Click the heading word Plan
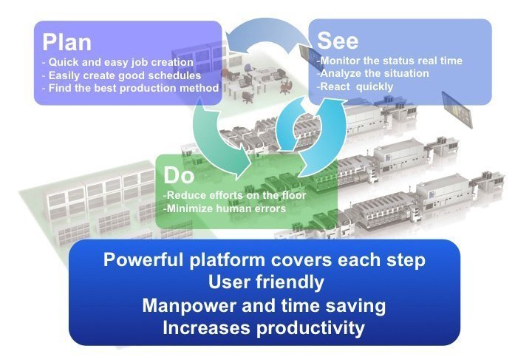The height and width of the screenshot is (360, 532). pyautogui.click(x=66, y=42)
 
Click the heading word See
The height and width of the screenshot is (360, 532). pyautogui.click(x=338, y=41)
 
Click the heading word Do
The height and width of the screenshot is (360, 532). pyautogui.click(x=179, y=175)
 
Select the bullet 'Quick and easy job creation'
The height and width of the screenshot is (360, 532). pyautogui.click(x=117, y=62)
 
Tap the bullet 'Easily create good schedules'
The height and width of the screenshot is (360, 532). pyautogui.click(x=121, y=75)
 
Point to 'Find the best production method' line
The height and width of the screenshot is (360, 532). pyautogui.click(x=131, y=88)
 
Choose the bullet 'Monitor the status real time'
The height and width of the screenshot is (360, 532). pyautogui.click(x=389, y=61)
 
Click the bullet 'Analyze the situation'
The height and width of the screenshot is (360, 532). pyautogui.click(x=372, y=73)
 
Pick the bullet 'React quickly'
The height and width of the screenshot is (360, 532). pyautogui.click(x=355, y=86)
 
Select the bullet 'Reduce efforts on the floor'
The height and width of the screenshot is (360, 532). pyautogui.click(x=234, y=195)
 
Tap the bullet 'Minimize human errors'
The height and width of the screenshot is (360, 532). pyautogui.click(x=225, y=208)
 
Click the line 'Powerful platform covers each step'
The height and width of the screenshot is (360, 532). pyautogui.click(x=265, y=259)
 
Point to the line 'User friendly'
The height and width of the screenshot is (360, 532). pyautogui.click(x=266, y=282)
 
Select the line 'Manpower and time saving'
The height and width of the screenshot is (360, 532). pyautogui.click(x=264, y=305)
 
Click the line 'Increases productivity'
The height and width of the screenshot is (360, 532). pyautogui.click(x=264, y=328)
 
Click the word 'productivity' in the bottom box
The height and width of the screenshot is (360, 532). pyautogui.click(x=310, y=328)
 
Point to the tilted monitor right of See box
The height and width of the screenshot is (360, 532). pyautogui.click(x=457, y=109)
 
